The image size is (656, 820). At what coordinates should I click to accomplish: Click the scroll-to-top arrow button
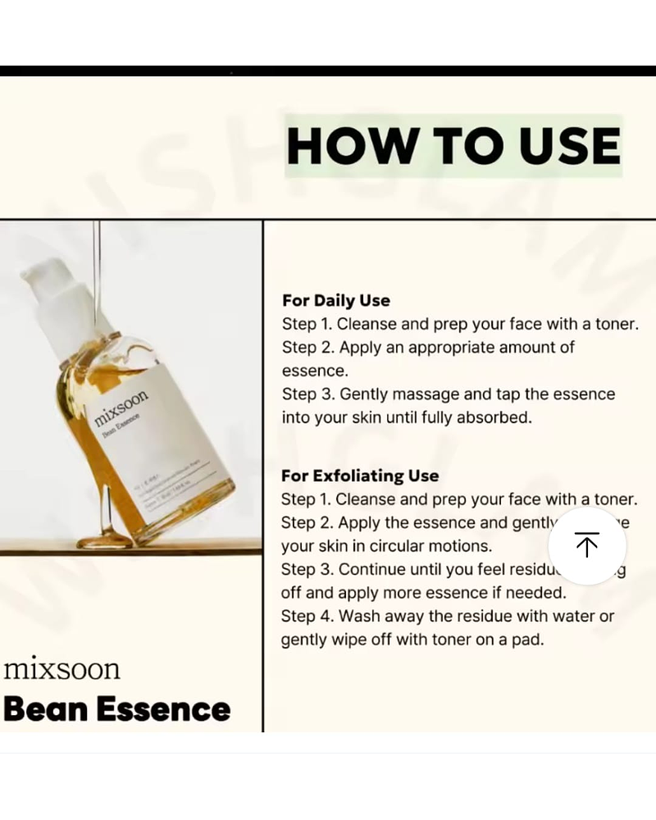click(586, 545)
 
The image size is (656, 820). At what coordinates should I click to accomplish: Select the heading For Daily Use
click(336, 300)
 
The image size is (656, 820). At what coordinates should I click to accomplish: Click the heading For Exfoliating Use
click(360, 476)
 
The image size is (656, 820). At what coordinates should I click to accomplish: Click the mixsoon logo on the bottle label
click(121, 408)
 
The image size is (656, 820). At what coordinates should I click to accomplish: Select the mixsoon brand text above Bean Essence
click(61, 668)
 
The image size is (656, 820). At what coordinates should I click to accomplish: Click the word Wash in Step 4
click(357, 616)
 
